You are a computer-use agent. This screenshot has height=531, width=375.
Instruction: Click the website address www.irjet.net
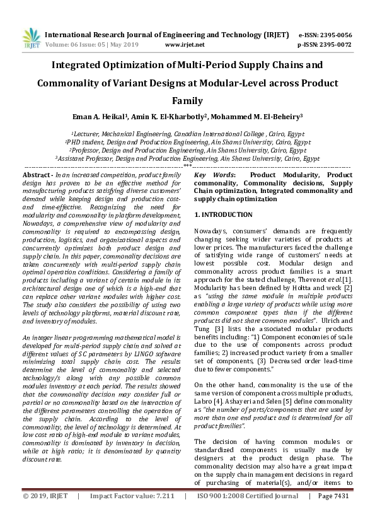pyautogui.click(x=184, y=45)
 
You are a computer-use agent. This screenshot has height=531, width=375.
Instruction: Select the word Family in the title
pyautogui.click(x=187, y=100)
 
